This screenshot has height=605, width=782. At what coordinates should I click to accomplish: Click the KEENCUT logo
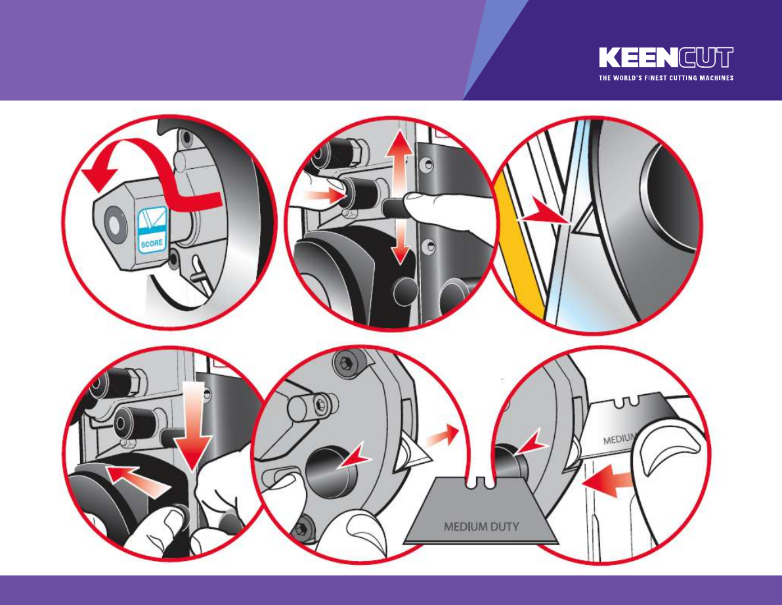point(666,57)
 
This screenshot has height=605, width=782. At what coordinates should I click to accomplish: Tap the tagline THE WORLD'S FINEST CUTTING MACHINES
point(666,78)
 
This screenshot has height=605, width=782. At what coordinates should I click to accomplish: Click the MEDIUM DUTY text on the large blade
point(481,526)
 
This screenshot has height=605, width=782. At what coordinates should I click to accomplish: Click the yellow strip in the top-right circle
point(521,250)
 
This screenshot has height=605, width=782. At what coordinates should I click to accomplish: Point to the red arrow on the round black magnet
point(353,457)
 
